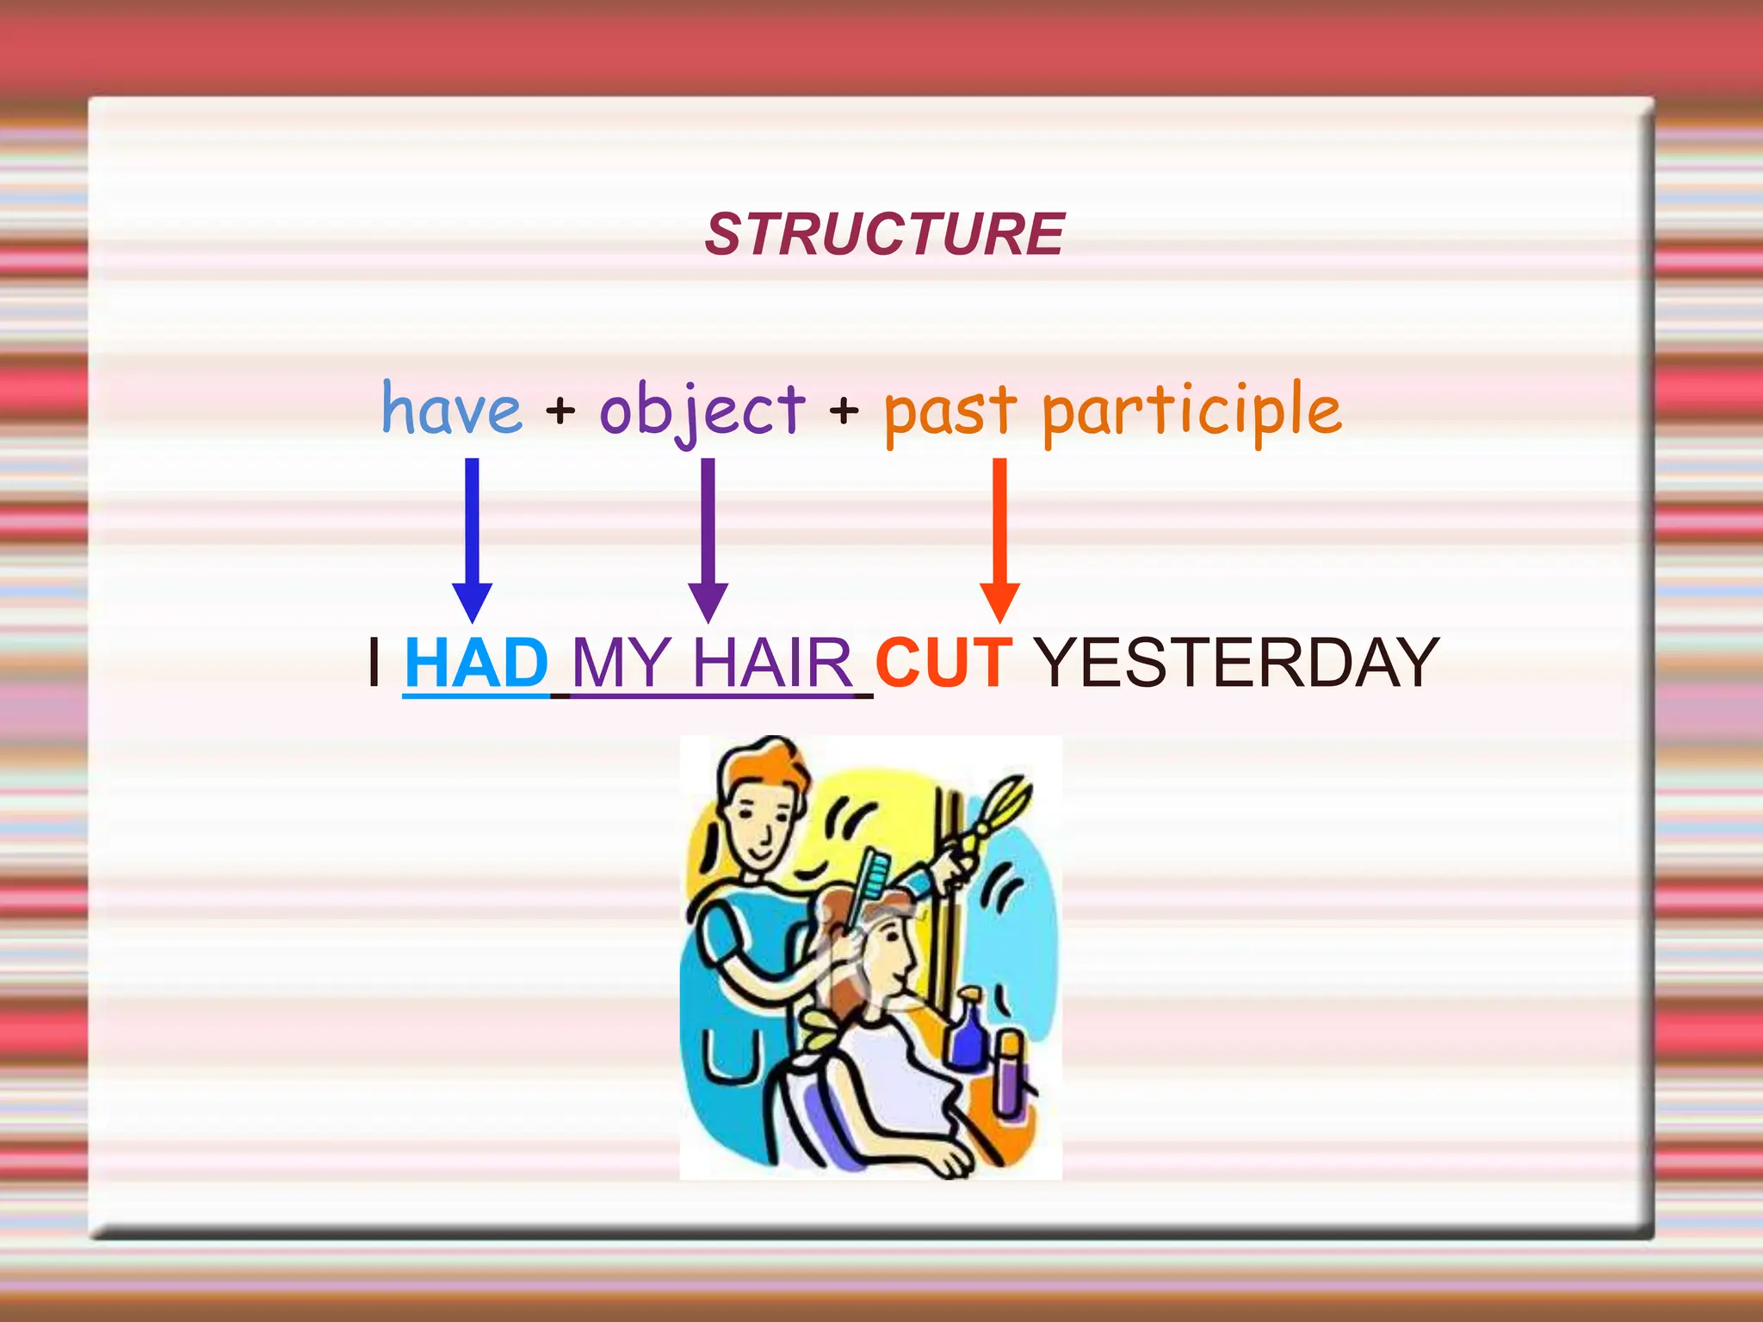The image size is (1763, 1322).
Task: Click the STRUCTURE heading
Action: (x=885, y=234)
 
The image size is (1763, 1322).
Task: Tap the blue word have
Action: (x=452, y=409)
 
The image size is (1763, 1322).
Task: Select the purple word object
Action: (x=702, y=411)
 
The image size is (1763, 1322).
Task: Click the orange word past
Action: (x=950, y=411)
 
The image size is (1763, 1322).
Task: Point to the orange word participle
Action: (x=1191, y=411)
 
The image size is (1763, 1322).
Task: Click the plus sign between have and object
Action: (x=560, y=411)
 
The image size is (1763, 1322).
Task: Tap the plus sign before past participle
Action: (x=844, y=411)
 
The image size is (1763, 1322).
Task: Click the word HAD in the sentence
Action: (x=476, y=663)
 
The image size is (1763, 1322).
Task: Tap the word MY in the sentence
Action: (x=621, y=663)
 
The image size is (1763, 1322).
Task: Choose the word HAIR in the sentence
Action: (x=772, y=663)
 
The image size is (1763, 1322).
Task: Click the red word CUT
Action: (x=943, y=663)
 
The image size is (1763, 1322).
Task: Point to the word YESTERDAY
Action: (x=1236, y=663)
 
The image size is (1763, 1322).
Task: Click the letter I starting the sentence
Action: (x=374, y=663)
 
